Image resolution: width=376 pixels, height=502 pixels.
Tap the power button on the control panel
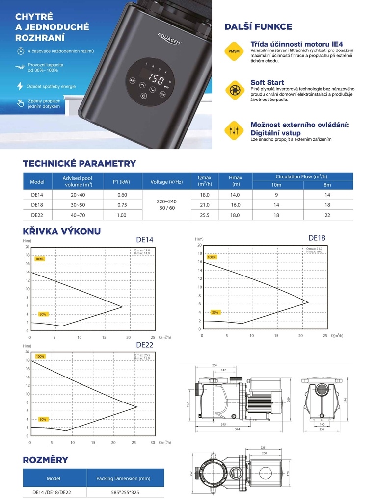(143, 95)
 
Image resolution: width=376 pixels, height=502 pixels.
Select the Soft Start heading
(267, 82)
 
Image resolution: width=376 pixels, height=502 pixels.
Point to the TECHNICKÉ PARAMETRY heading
(79, 164)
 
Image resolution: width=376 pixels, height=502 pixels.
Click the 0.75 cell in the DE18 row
(122, 205)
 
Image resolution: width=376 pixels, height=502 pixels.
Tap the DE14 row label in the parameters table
(37, 195)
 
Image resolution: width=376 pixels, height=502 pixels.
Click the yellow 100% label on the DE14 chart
(40, 259)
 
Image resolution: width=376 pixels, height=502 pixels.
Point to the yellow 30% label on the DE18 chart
(215, 312)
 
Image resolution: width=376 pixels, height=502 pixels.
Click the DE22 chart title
(145, 345)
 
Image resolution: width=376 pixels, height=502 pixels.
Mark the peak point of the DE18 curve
(308, 302)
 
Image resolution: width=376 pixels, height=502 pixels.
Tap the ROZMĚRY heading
(45, 460)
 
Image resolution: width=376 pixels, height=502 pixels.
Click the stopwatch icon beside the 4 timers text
(20, 51)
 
